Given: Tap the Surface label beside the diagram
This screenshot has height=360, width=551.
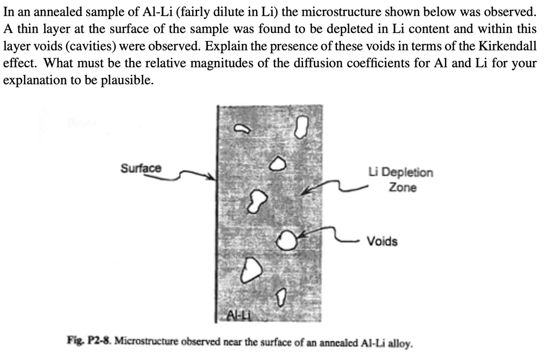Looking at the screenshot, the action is point(141,168).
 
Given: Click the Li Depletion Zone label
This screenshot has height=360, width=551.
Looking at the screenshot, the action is point(401,180).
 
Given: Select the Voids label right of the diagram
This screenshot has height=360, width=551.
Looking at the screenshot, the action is point(383,241).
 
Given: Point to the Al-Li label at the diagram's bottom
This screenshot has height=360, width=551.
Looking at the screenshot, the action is point(239,315).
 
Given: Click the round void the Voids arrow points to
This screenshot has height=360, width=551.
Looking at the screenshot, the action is point(287,240).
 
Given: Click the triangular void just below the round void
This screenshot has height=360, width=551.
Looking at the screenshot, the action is point(251,269).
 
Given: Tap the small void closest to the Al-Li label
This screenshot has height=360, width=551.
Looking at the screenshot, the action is point(281,297).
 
